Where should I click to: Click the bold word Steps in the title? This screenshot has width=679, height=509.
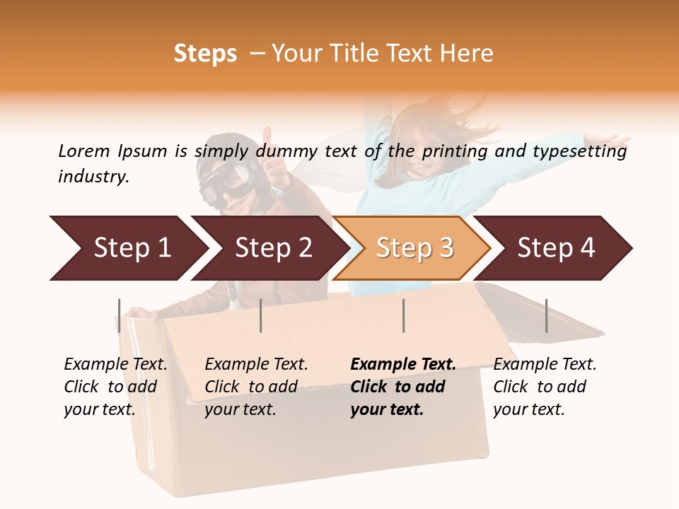205,54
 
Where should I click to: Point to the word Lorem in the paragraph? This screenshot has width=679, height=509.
83,151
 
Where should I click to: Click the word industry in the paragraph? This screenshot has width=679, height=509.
93,177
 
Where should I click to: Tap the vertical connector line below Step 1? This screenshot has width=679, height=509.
119,315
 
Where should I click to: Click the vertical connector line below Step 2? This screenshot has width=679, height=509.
261,315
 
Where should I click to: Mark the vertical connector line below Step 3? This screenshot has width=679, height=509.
403,315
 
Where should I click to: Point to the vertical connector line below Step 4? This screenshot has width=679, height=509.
546,315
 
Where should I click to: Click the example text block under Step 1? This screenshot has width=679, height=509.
115,387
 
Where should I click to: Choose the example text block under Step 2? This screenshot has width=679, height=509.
256,387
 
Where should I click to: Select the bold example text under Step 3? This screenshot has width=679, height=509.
403,387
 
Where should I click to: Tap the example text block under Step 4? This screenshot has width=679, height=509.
545,387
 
